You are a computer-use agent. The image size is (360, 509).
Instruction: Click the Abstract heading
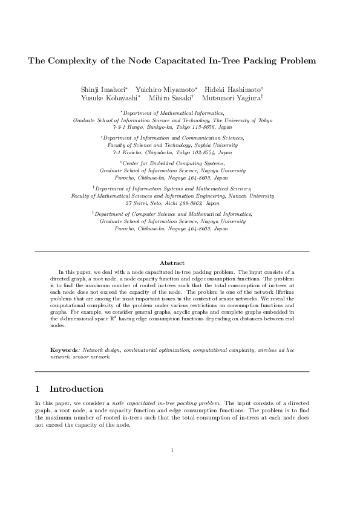point(172,263)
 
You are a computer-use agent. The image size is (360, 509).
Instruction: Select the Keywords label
point(65,350)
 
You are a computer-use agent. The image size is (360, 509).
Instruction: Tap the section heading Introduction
point(76,389)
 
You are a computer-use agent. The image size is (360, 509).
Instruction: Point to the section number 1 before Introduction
point(38,389)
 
